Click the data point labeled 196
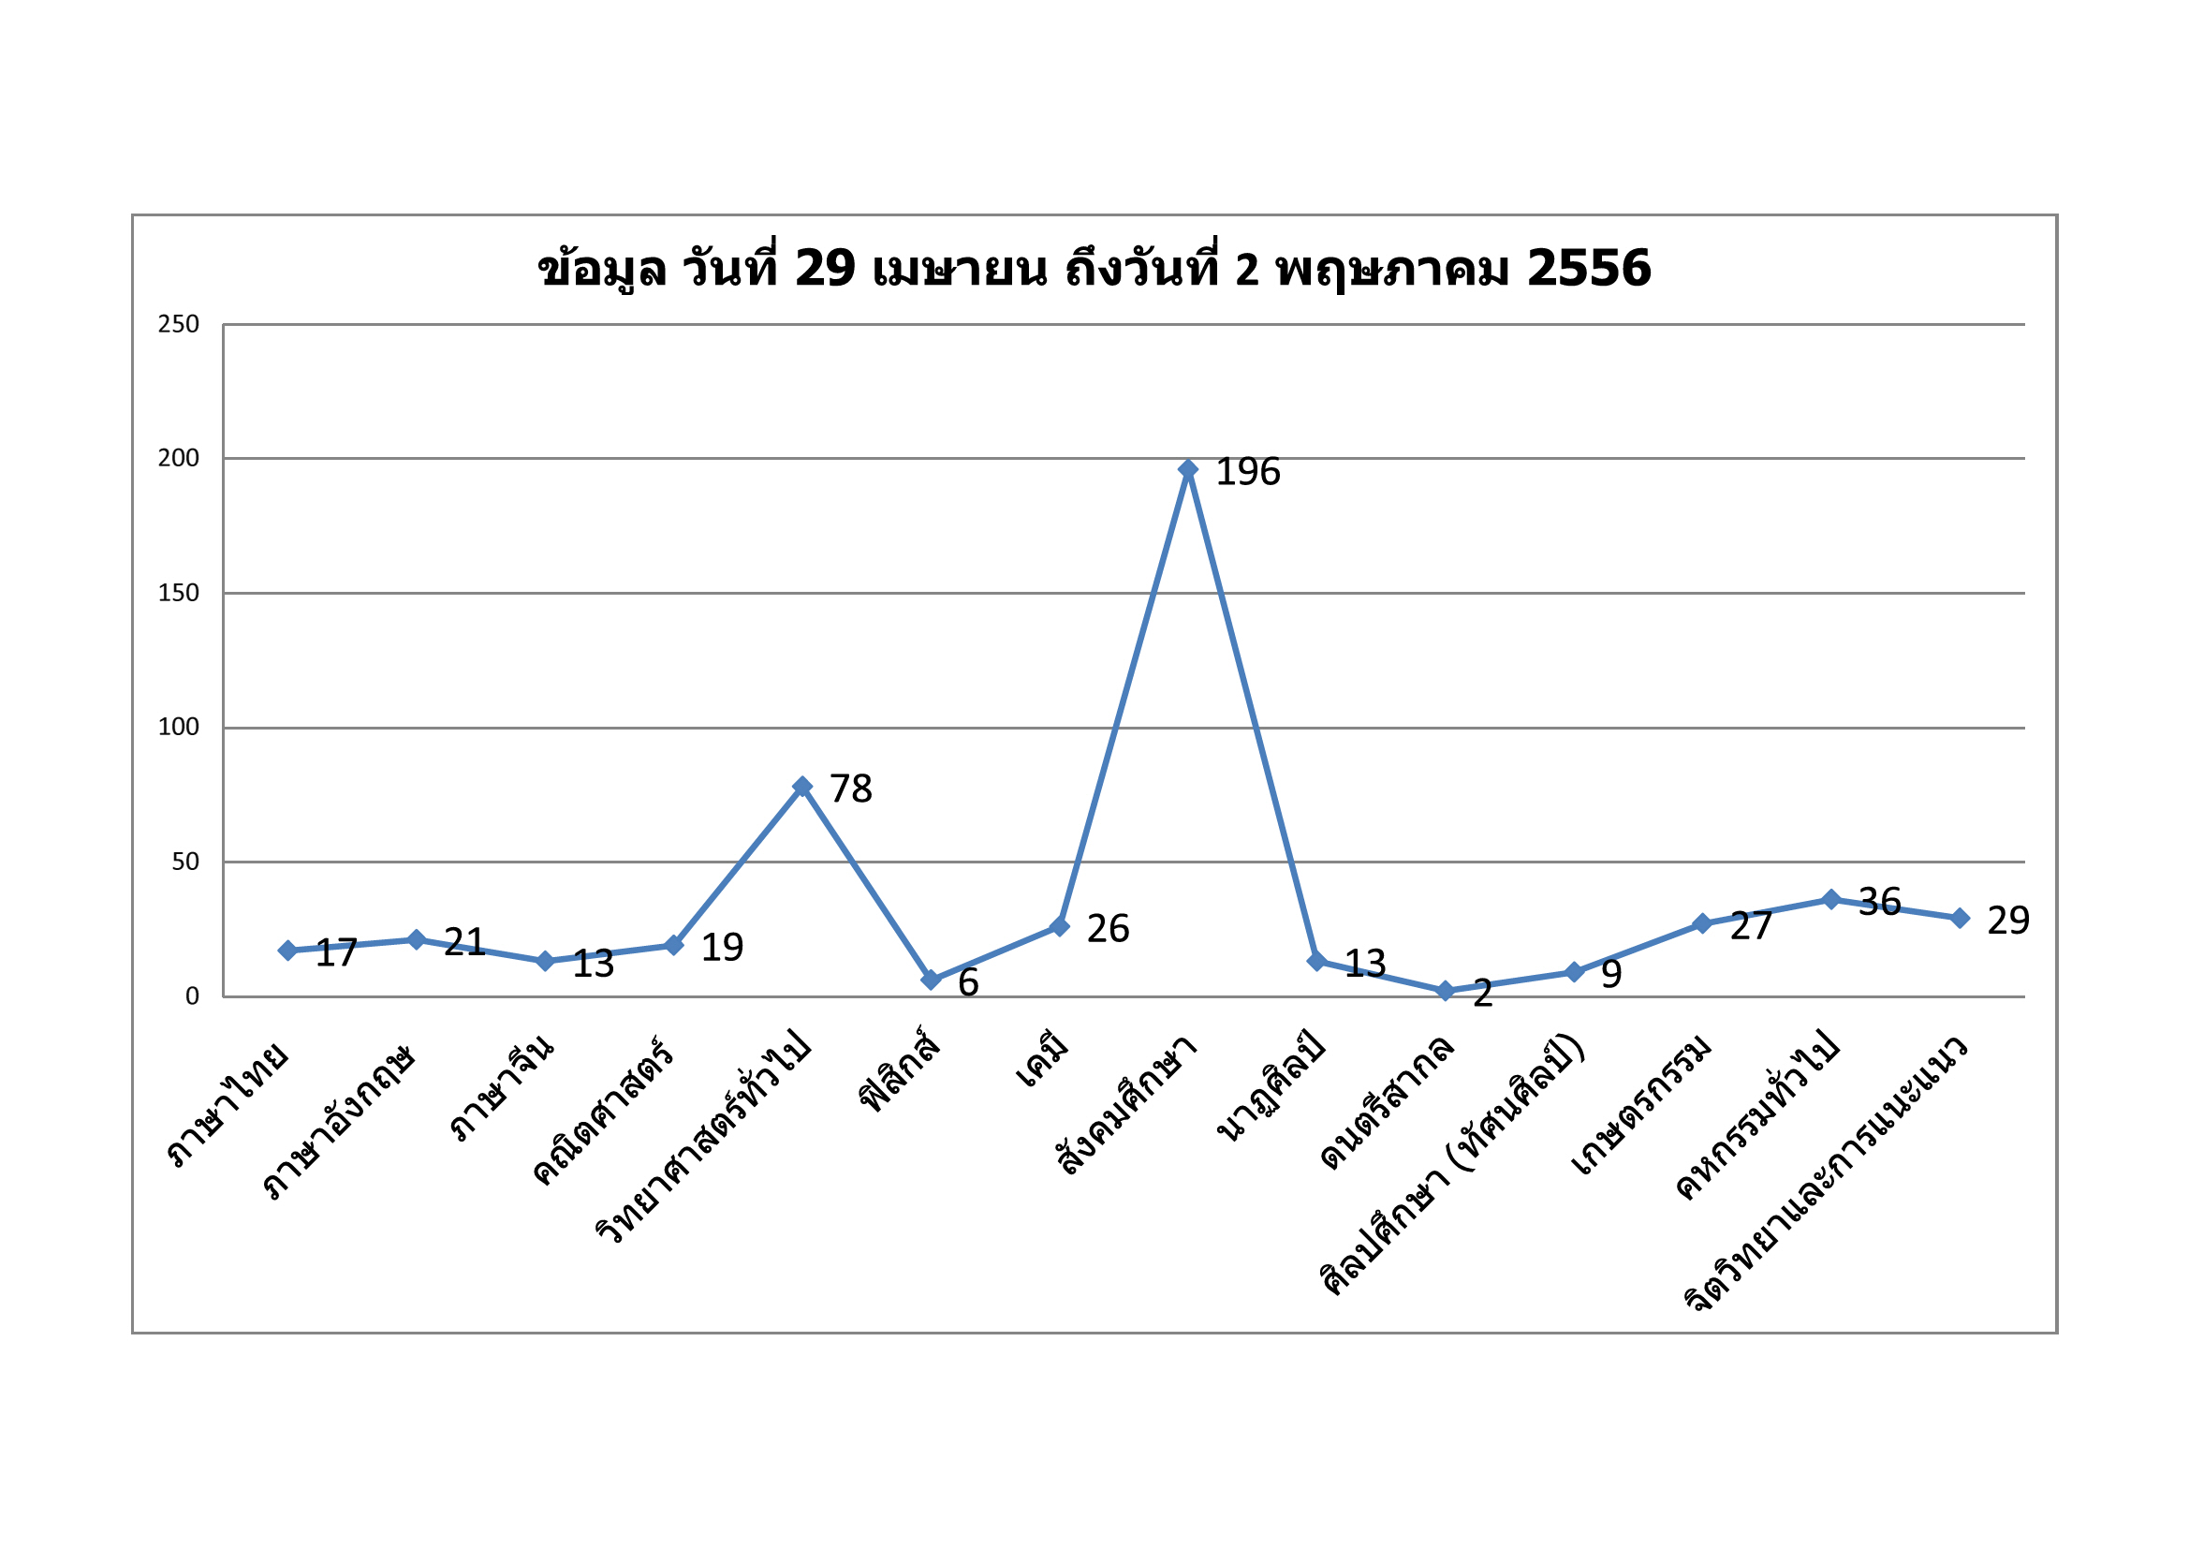click(x=1188, y=468)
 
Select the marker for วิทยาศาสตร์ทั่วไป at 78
click(x=802, y=786)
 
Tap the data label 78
click(x=850, y=789)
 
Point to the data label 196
click(x=1248, y=471)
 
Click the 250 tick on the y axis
click(x=178, y=324)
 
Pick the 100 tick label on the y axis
click(x=178, y=727)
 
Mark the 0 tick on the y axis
click(x=192, y=995)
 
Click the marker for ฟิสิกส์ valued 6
click(x=932, y=980)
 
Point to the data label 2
click(x=1482, y=994)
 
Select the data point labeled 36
click(x=1830, y=899)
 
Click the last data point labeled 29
click(x=1960, y=918)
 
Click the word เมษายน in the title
click(x=959, y=269)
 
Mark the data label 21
click(x=464, y=942)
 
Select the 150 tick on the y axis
click(x=178, y=592)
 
